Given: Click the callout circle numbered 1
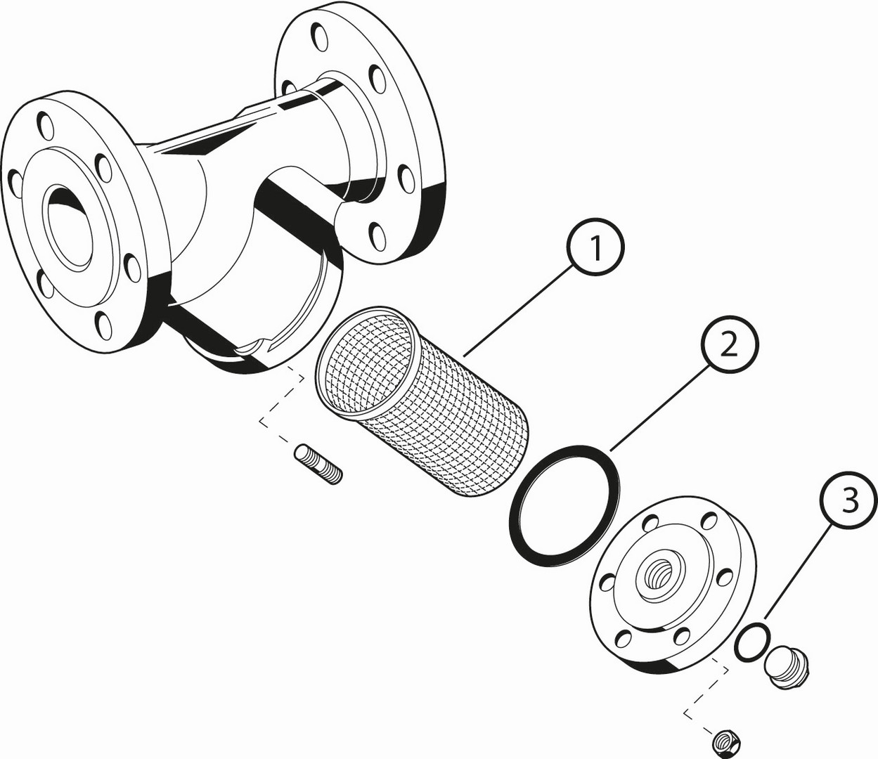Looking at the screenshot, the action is (x=596, y=247).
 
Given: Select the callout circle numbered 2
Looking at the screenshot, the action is (x=729, y=344).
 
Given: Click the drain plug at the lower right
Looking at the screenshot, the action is (x=787, y=666).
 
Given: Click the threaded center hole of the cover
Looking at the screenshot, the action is (x=659, y=576).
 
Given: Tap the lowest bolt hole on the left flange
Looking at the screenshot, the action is (x=103, y=325).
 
